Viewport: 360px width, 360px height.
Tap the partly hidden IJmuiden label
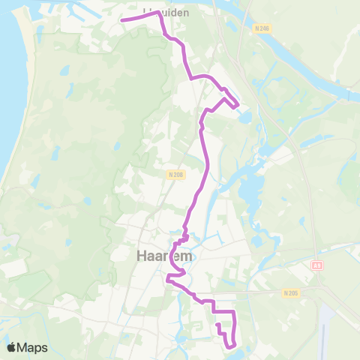point(166,13)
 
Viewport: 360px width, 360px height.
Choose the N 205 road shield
point(292,292)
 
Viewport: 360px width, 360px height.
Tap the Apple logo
point(11,347)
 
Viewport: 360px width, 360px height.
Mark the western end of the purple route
point(122,20)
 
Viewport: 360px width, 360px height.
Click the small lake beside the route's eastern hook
point(246,116)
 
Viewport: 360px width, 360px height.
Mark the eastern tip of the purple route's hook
point(238,106)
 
